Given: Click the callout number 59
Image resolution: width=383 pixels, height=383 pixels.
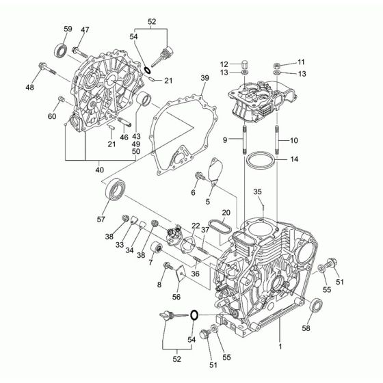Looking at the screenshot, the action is point(68,29).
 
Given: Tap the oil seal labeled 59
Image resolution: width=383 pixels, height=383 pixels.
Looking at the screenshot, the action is point(60,51).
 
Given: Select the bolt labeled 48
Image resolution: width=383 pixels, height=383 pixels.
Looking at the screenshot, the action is point(47,68).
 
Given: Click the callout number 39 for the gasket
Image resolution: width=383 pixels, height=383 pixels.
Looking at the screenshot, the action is point(204,78).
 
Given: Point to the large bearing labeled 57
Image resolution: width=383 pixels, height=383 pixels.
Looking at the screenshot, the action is point(116,190).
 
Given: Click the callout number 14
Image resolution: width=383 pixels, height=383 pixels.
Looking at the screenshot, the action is point(294,159).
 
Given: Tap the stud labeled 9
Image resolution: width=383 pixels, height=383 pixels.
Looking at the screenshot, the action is point(244,140).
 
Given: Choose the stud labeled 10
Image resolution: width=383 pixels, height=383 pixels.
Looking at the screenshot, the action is point(277,140).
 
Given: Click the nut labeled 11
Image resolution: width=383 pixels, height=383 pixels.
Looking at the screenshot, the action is point(276,66).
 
